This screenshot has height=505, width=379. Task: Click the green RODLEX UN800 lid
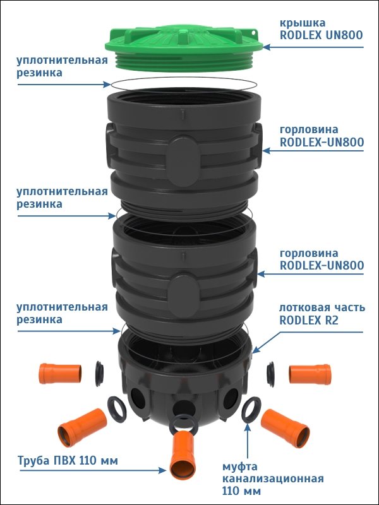pos(184,47)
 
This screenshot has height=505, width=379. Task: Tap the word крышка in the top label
pos(298,23)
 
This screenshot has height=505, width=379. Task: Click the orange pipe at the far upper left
pos(60,374)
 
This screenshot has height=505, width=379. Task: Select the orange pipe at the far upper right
pos(310,374)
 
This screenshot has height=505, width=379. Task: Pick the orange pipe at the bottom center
pos(183,454)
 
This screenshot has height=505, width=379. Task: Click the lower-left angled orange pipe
pos(82,427)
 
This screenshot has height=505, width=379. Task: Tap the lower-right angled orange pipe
pos(286,429)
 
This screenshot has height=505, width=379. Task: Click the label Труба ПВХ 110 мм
pos(68,461)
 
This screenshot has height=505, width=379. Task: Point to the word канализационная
pos(273,479)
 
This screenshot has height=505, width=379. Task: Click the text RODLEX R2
pos(309,321)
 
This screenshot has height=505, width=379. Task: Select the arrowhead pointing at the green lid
pos(267,47)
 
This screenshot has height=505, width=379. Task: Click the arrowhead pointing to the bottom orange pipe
pos(162,470)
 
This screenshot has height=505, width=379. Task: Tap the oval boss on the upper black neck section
pos(184,161)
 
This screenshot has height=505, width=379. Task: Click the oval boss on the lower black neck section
pos(183,295)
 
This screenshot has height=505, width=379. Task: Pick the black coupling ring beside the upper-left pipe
pos(99,374)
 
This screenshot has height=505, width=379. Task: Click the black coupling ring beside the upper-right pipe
pos(270,374)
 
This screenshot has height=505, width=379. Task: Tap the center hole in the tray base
pos(184,408)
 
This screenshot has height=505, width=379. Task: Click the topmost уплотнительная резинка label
pos(62,66)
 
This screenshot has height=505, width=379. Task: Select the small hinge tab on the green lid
pos(253,33)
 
